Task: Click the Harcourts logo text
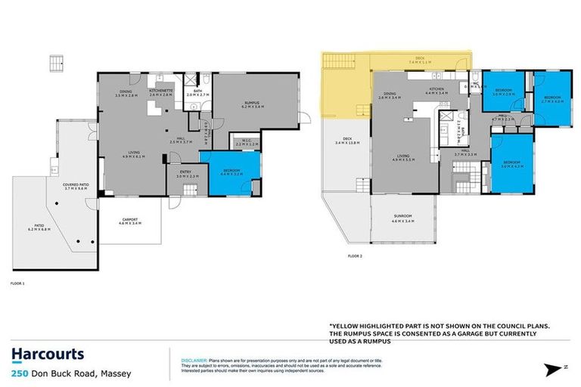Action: tap(48, 354)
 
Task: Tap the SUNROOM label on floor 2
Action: tap(403, 220)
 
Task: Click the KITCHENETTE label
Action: tap(161, 91)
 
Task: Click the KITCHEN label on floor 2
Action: tap(437, 90)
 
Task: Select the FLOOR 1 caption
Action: tap(18, 283)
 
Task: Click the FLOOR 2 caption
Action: tap(334, 255)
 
